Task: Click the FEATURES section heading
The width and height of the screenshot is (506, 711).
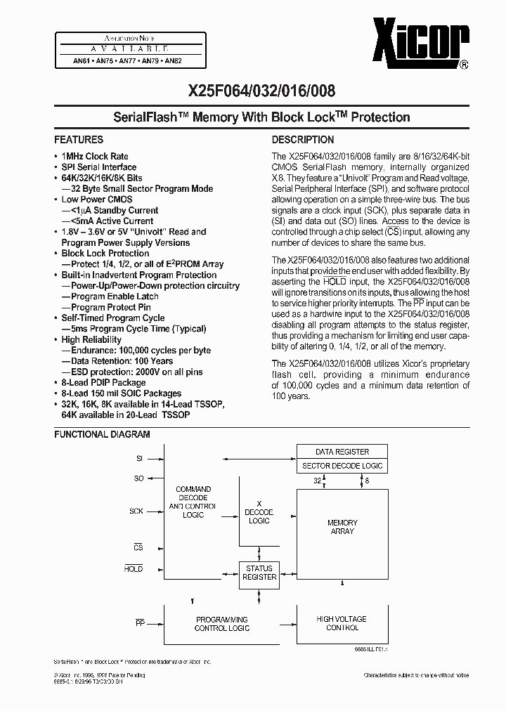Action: pos(79,140)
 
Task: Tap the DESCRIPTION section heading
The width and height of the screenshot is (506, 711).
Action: pos(303,140)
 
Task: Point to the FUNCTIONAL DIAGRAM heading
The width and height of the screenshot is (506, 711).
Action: pos(102,435)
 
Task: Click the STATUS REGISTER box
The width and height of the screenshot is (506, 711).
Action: pos(259,572)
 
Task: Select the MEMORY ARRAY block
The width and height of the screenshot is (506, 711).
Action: pos(342,527)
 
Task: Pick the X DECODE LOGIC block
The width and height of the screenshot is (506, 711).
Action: pos(259,512)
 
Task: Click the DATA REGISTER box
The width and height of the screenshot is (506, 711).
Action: pos(342,452)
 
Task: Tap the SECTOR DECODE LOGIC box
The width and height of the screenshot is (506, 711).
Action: pos(342,466)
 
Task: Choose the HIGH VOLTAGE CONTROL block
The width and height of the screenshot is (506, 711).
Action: pos(342,623)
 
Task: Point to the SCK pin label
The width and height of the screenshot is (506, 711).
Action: pos(136,511)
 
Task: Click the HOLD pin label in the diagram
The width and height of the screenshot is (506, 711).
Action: pos(134,569)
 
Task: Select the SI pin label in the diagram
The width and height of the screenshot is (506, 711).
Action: pos(139,458)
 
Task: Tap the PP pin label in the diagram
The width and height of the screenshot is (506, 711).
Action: pos(139,622)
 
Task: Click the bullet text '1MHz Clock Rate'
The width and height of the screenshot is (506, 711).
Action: pos(95,156)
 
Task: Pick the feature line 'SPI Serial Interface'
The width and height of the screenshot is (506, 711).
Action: pos(99,167)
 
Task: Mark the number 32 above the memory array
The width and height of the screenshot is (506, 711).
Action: pos(318,481)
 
